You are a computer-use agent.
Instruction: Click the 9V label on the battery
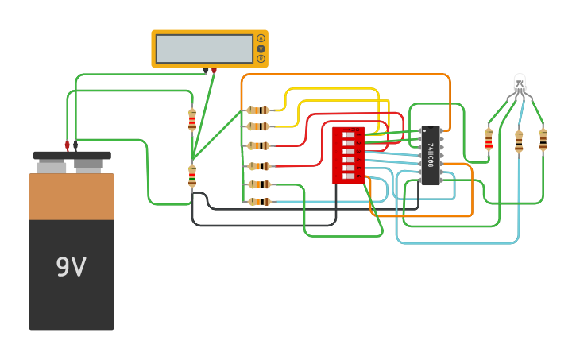tap(71, 267)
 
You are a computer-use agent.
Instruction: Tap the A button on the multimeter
tap(261, 38)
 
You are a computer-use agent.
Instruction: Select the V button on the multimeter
tap(261, 48)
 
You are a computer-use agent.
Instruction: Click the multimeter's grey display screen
tap(204, 48)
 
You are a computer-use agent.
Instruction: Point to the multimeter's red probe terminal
tap(214, 71)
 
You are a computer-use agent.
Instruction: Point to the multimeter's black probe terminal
tap(205, 71)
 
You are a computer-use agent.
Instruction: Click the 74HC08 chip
tap(430, 155)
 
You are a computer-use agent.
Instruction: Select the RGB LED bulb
tap(520, 82)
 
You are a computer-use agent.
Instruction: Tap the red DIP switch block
tap(348, 155)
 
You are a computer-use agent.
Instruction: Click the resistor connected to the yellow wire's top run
tap(258, 110)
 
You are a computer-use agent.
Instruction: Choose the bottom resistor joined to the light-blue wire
tap(259, 202)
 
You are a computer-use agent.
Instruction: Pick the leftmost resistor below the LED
tap(489, 139)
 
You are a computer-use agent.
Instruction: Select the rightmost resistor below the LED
tap(543, 139)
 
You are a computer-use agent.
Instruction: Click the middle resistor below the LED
tap(519, 141)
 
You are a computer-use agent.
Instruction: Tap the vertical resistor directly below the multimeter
tap(192, 119)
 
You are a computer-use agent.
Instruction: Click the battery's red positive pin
tap(67, 145)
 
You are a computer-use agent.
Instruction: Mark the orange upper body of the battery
tap(72, 196)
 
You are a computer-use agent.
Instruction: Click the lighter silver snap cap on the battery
tap(52, 167)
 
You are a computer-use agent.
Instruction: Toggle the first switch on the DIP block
tap(348, 135)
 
